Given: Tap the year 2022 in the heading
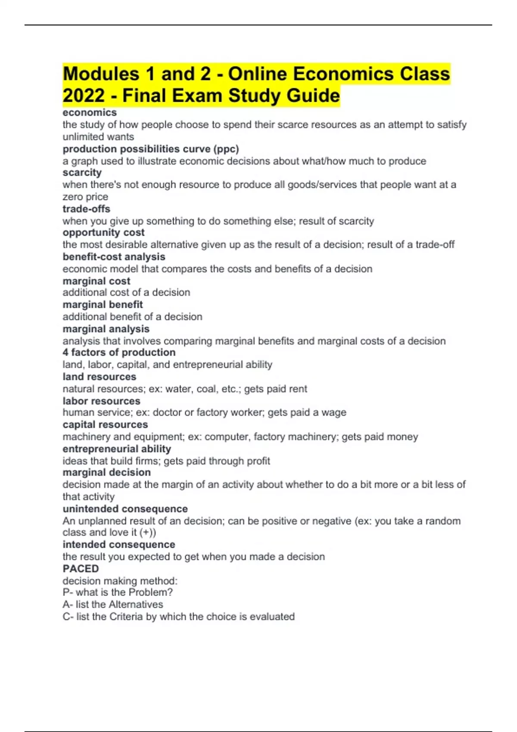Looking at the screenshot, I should tap(84, 96).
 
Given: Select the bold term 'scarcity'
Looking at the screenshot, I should tap(82, 173).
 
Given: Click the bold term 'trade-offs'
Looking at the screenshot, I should tap(86, 209).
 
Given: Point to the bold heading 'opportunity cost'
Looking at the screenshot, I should tap(103, 233).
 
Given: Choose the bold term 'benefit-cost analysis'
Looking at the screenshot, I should tap(114, 257).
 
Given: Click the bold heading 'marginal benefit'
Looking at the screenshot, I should tap(103, 305).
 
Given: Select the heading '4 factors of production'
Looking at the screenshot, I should tap(119, 353).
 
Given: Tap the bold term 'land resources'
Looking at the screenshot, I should tap(99, 377).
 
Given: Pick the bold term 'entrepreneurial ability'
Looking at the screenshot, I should tap(117, 449).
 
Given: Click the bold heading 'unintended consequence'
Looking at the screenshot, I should tap(125, 509).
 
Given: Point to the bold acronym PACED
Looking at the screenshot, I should tap(81, 569).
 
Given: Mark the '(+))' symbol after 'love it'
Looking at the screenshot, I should tap(148, 533).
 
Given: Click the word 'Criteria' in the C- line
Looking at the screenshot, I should tap(126, 617).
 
